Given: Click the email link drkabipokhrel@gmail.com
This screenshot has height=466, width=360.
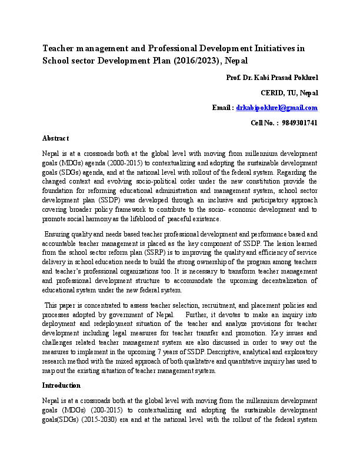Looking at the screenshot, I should click(x=276, y=108).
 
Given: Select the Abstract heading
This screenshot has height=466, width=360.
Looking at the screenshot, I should click(x=56, y=138).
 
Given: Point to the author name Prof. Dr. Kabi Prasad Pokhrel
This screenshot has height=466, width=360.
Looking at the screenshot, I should click(x=272, y=78).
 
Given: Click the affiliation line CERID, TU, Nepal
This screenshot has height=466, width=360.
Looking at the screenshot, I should click(x=289, y=93).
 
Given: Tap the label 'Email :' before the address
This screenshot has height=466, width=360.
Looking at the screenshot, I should click(x=222, y=108).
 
